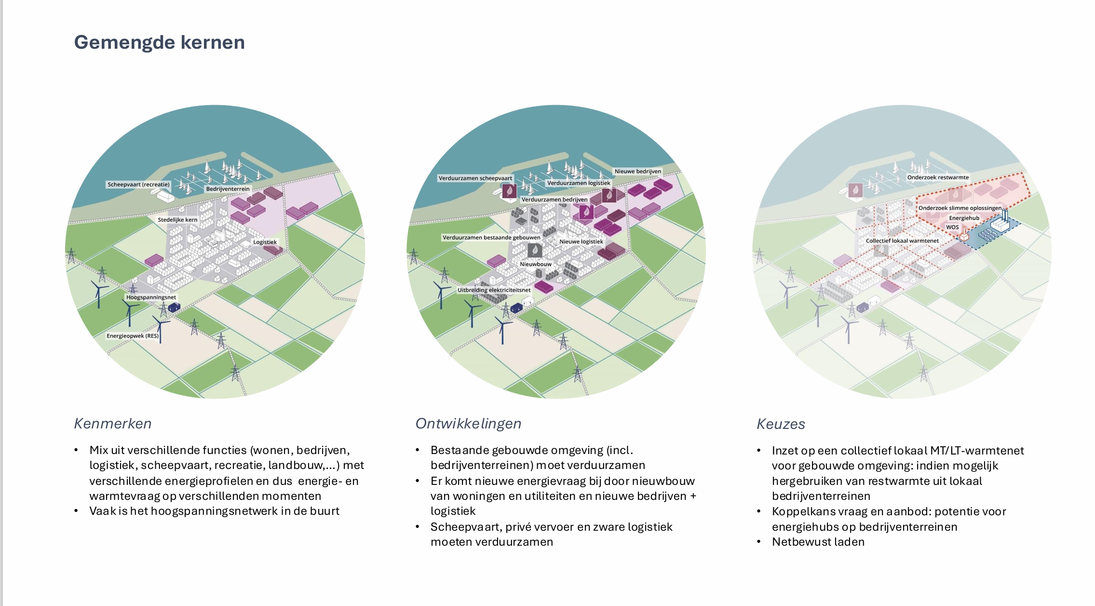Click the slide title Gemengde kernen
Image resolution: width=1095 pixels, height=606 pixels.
(159, 42)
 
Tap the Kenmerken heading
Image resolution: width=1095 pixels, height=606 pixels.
(113, 424)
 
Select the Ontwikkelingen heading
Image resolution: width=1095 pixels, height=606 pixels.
(468, 424)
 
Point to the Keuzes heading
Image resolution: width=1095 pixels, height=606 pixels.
(781, 424)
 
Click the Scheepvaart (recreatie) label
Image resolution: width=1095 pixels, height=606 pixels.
(138, 184)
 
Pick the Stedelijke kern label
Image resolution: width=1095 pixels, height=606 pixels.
(177, 220)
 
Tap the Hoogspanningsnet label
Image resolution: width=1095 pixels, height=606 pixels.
(151, 297)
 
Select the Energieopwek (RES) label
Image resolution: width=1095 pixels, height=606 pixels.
(133, 336)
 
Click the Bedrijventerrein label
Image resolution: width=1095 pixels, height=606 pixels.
(228, 189)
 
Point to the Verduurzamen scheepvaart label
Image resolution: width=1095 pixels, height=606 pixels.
(475, 178)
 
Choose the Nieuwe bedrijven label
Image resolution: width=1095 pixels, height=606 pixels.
(637, 171)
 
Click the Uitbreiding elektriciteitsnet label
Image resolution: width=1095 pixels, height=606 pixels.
(494, 290)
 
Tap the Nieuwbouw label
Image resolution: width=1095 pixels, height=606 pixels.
(536, 264)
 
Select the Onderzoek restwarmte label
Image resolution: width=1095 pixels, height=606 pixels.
(938, 177)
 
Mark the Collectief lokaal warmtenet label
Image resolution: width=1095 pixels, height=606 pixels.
(902, 241)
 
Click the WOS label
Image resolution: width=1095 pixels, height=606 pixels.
(952, 227)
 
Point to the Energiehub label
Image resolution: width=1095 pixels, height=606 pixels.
(964, 218)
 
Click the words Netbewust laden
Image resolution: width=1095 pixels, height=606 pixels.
(818, 542)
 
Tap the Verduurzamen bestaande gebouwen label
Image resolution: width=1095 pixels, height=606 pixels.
(491, 237)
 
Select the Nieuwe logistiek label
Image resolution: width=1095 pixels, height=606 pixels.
(581, 241)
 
